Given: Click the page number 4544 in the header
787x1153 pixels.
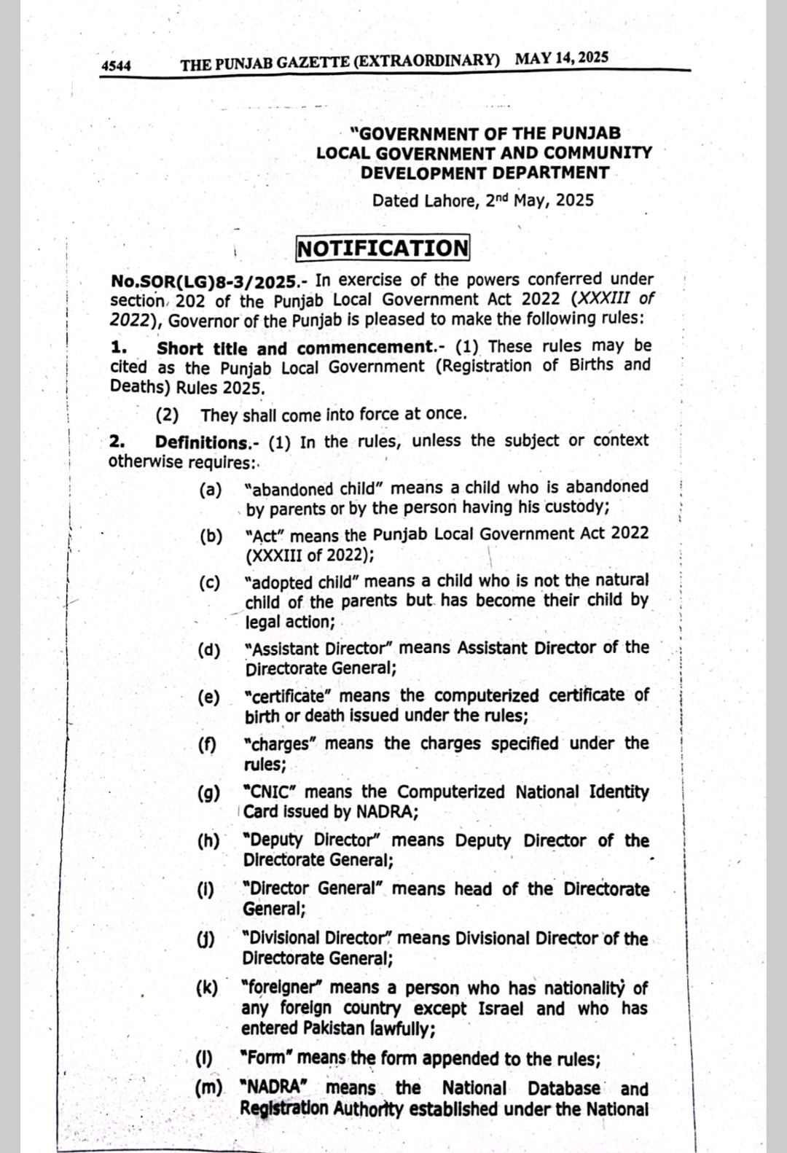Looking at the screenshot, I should [116, 66].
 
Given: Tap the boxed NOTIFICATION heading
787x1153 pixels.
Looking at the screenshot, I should [383, 248].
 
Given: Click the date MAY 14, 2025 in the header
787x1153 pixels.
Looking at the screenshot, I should [561, 58].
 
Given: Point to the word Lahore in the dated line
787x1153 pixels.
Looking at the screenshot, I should [450, 200].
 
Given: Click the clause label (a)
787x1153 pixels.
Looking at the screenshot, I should [211, 489].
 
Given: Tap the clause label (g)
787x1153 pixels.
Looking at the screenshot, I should [208, 794].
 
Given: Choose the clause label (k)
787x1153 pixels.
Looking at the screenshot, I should [207, 988].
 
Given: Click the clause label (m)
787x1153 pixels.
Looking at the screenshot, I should [209, 1087].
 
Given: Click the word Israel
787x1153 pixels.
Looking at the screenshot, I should [501, 1009].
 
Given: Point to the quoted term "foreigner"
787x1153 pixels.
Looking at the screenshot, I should [281, 988].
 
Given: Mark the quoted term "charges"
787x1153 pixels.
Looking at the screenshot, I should [281, 744].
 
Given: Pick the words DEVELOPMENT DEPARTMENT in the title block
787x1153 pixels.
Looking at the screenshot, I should [485, 173].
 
